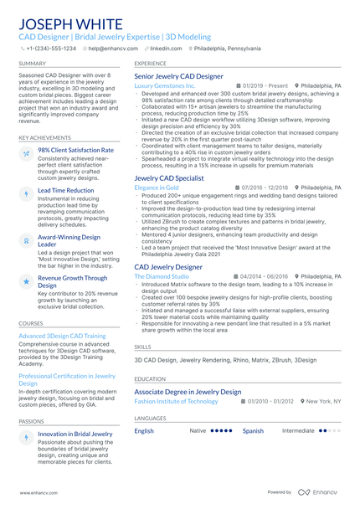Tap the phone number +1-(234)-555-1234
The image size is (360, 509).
[50, 49]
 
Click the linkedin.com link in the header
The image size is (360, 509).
[165, 49]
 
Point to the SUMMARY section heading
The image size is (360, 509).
[33, 63]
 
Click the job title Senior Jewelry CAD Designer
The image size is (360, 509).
[178, 76]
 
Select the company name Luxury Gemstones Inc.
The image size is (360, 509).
[165, 85]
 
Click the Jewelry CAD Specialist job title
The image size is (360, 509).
[169, 177]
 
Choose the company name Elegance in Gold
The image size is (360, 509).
[157, 188]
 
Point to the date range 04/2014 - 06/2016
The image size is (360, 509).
[263, 275]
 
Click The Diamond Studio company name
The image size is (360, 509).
[162, 275]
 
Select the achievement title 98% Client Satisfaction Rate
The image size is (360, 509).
[75, 150]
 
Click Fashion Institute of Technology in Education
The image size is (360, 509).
[176, 401]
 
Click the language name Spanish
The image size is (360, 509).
[253, 430]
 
